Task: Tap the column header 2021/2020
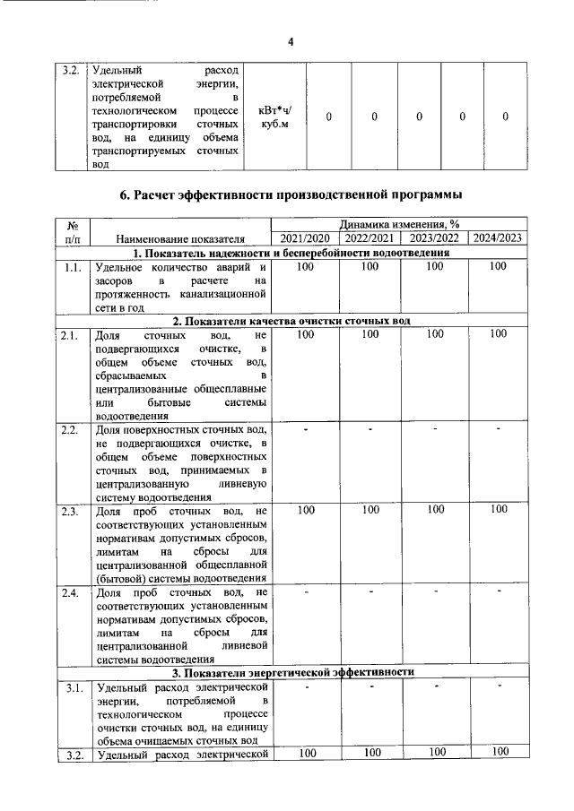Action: [305, 238]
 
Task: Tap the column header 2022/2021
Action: [370, 238]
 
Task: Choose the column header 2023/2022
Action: [435, 238]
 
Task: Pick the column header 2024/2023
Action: [500, 238]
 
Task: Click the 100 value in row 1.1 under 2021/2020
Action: [305, 267]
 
